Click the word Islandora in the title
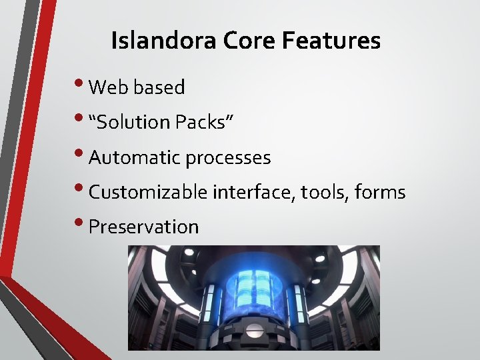pos(164,41)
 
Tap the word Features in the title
pos(331,41)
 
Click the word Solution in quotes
pos(133,122)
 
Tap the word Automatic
pos(135,157)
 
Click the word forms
pos(380,193)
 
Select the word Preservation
pos(143,227)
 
